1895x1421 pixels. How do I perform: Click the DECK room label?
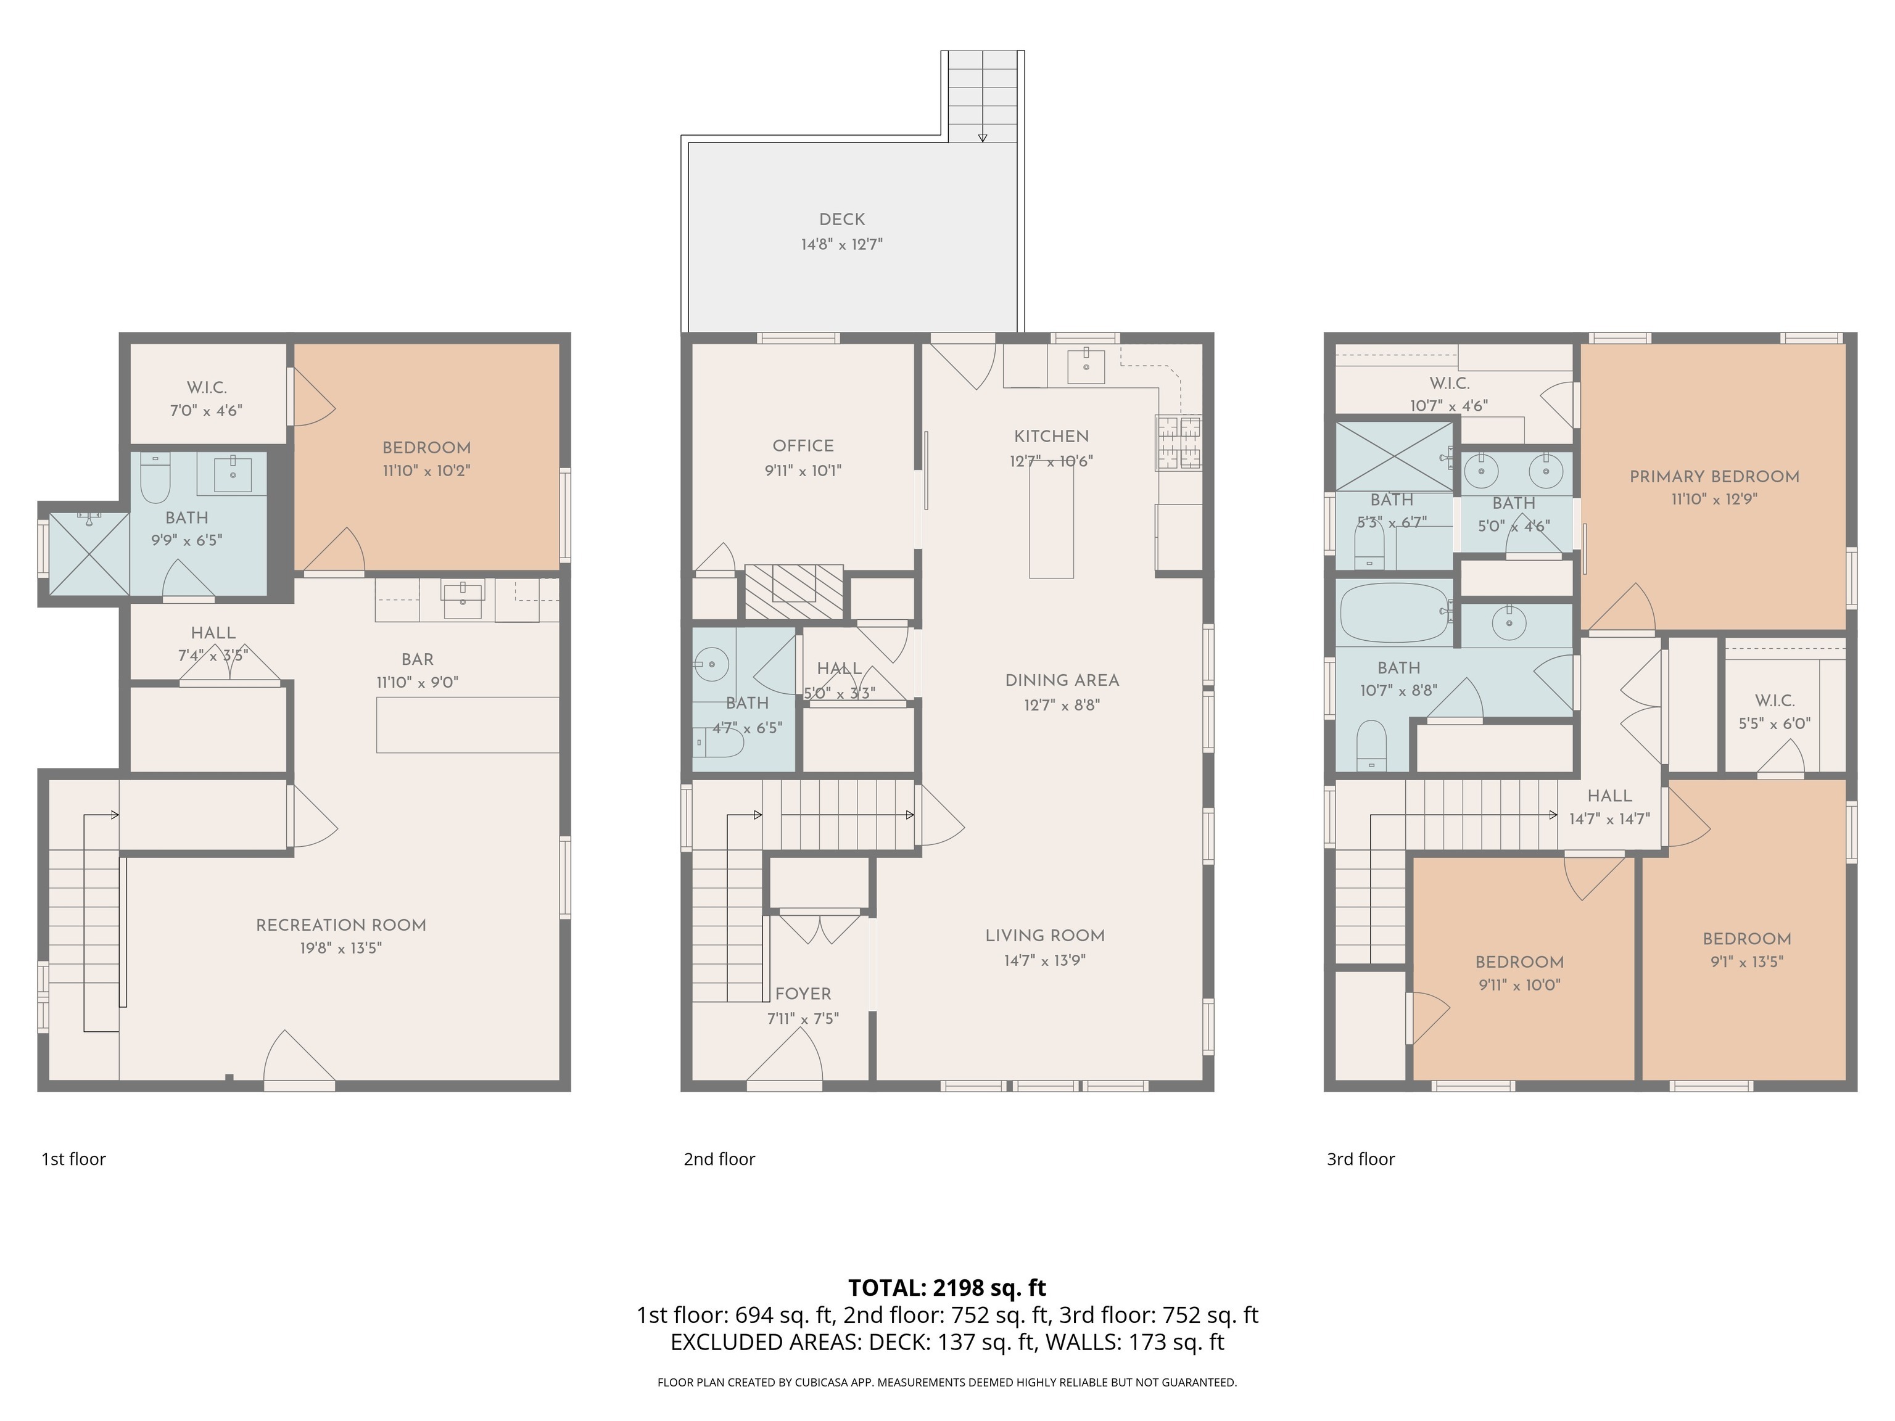(841, 220)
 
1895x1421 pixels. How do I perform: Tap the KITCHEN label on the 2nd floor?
(1051, 436)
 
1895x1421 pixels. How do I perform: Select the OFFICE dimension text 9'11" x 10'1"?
(803, 470)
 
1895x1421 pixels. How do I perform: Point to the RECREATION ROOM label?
(341, 925)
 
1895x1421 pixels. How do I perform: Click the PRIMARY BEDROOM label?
(1714, 476)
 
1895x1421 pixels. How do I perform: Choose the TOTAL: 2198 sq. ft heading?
(947, 1287)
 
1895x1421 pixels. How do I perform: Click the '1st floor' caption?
(73, 1159)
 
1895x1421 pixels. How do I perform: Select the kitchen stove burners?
(1178, 442)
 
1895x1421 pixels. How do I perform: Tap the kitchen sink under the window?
(1086, 366)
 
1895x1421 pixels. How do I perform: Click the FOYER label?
(803, 994)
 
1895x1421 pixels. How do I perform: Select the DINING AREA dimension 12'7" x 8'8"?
(1062, 705)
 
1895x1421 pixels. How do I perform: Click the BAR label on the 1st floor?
(417, 659)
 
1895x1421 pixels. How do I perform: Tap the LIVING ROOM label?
(1044, 936)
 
